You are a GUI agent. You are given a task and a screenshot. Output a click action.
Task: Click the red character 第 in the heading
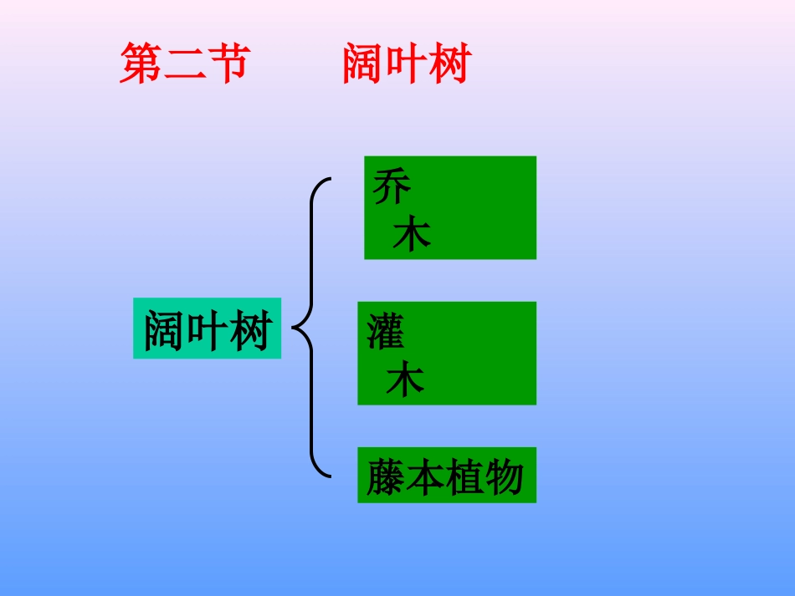[141, 64]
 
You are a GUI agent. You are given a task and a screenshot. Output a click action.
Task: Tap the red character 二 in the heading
[186, 64]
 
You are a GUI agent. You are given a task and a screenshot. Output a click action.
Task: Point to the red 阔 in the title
[364, 64]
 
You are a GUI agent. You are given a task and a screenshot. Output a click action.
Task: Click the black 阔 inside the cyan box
[165, 331]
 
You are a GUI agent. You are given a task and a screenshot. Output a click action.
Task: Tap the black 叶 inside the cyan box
[207, 331]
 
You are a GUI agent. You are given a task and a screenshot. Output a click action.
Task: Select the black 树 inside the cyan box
[249, 331]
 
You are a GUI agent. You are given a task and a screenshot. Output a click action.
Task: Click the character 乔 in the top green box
[392, 187]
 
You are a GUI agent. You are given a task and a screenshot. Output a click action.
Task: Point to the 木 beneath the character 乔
[412, 235]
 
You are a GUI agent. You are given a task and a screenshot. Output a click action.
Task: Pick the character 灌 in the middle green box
[386, 332]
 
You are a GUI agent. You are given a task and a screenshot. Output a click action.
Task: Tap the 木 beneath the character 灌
[405, 380]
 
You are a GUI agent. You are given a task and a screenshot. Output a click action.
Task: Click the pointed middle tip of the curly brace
[294, 327]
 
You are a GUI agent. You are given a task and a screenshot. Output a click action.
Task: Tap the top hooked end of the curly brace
[329, 179]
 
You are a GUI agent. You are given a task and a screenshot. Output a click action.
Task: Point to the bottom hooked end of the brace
[329, 476]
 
